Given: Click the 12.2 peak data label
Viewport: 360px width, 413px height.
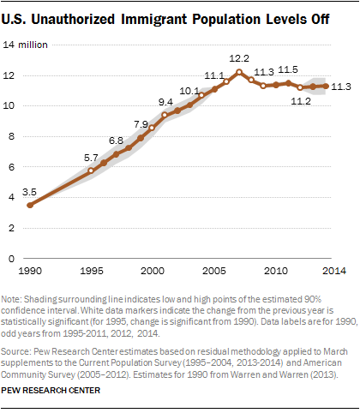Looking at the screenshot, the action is click(239, 58).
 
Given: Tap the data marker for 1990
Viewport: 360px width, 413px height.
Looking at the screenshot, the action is click(30, 205).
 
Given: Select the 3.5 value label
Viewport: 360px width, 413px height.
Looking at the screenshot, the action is click(29, 192).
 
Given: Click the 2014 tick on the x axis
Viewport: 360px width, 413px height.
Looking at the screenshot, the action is click(334, 271).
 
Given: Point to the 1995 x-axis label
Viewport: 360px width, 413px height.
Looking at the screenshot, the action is click(92, 271).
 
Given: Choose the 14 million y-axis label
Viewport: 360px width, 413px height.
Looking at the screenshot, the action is click(25, 45).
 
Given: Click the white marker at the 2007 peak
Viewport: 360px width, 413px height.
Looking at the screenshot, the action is click(239, 72).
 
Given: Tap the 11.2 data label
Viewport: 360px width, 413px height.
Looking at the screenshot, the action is click(301, 101).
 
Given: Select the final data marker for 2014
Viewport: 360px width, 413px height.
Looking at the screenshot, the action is click(326, 86).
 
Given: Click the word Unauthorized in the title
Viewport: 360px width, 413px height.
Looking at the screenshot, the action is click(73, 20).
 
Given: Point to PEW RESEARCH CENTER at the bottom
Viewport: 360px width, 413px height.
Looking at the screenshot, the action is click(51, 391).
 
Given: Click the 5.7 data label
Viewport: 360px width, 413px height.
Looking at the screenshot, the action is click(91, 158).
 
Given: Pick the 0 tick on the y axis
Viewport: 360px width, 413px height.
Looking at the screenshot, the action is click(11, 259).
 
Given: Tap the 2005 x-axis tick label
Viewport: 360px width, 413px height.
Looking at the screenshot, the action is click(214, 271).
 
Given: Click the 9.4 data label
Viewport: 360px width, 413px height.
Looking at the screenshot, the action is click(165, 102).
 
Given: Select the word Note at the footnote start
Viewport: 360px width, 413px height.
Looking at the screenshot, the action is click(10, 299).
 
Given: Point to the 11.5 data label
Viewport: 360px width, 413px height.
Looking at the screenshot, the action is click(288, 69).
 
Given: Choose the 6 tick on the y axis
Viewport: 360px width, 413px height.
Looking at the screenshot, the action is click(11, 167).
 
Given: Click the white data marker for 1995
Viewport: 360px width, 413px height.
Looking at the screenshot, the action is click(91, 171).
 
